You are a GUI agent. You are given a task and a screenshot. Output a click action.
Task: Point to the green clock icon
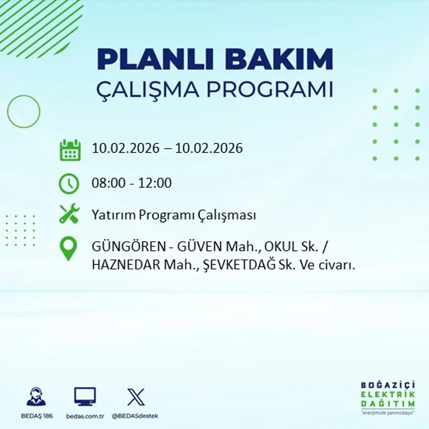pyautogui.click(x=69, y=184)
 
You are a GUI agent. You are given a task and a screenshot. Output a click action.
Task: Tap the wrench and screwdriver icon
pyautogui.click(x=69, y=214)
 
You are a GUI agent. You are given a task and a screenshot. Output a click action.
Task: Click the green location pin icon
pyautogui.click(x=68, y=249)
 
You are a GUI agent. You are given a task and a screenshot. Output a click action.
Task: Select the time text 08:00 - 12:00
pyautogui.click(x=132, y=183)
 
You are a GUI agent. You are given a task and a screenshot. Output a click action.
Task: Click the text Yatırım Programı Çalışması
pyautogui.click(x=174, y=215)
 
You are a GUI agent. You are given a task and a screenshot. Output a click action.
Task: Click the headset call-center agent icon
pyautogui.click(x=36, y=397)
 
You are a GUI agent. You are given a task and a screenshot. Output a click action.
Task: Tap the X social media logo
pyautogui.click(x=136, y=397)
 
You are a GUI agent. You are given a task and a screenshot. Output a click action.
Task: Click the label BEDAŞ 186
pyautogui.click(x=37, y=416)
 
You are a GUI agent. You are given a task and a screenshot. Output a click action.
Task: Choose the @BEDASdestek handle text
pyautogui.click(x=135, y=416)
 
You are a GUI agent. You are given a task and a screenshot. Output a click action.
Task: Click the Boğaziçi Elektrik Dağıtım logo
pyautogui.click(x=388, y=397)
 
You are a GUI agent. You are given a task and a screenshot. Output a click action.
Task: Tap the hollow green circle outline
pyautogui.click(x=23, y=112)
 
